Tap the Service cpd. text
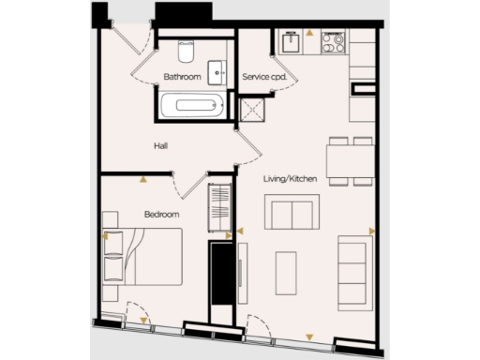[x=264, y=76]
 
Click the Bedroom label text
[x=161, y=215]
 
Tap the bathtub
[x=192, y=104]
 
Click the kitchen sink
[x=293, y=42]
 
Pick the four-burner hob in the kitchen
[x=334, y=42]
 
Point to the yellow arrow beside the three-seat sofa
[x=372, y=230]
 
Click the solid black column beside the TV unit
[x=220, y=273]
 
